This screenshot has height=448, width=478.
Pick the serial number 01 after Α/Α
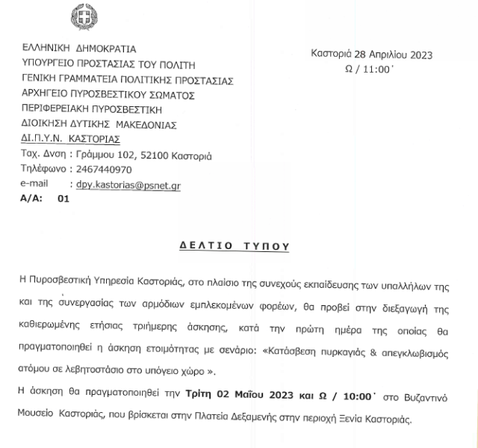tap(63, 199)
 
